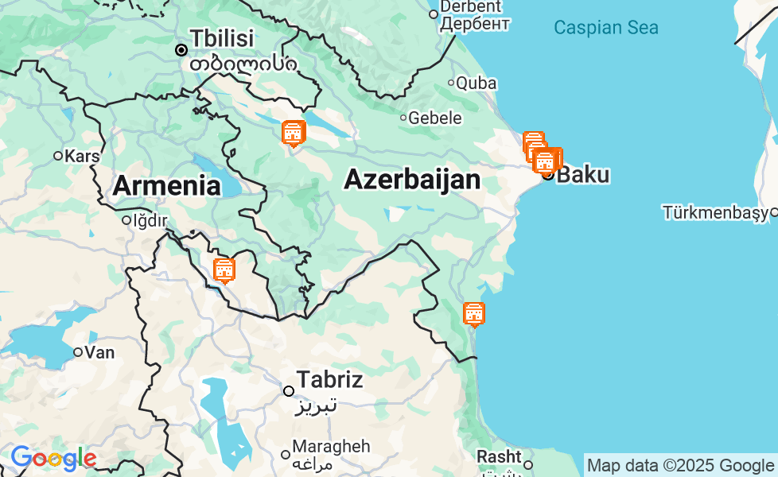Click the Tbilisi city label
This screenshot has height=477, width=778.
pos(222,37)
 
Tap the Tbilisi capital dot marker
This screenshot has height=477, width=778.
pos(181,50)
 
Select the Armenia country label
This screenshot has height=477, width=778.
pos(166,185)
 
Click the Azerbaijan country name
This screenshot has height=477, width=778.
pos(411,180)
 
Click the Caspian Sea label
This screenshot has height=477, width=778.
pos(606,28)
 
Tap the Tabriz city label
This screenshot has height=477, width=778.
pos(329,379)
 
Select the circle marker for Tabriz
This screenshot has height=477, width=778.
pos(289,390)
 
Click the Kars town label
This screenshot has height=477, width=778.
pos(82,156)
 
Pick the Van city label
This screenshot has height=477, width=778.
pos(99,351)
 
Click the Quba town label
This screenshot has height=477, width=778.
pos(477,83)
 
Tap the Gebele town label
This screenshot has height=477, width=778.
pos(435,118)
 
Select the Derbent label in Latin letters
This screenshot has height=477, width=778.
pos(471,7)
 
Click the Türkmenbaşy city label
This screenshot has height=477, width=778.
pos(715,212)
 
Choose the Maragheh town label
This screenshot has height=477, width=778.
pos(331,446)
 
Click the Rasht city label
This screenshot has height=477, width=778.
pos(498,457)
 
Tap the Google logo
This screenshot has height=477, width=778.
pos(53,458)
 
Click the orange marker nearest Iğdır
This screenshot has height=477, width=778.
pos(224,270)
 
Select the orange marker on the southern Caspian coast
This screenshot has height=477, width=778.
pos(474,314)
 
